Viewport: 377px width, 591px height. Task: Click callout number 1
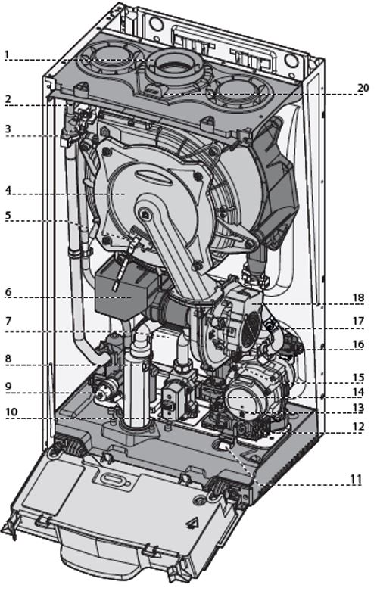7,54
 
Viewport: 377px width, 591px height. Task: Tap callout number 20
363,88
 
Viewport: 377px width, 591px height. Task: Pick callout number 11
356,480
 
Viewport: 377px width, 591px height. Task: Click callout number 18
359,297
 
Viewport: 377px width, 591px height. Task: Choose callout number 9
8,387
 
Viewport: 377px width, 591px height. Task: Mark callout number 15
359,378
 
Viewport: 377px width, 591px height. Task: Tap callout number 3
8,129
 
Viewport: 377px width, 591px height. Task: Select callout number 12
359,427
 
